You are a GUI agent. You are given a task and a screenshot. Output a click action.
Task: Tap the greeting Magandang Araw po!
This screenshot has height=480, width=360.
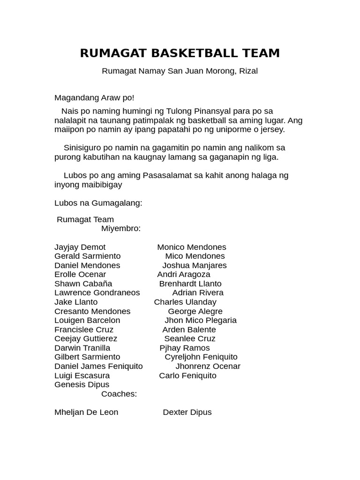(94, 98)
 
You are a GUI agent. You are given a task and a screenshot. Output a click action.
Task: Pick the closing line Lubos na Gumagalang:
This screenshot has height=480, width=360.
(98, 203)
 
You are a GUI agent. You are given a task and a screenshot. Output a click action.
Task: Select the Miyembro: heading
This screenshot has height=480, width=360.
(120, 229)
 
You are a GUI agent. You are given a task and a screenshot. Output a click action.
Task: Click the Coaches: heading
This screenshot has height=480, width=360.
(119, 394)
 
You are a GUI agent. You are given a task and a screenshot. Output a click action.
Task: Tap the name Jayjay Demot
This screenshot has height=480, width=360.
(80, 247)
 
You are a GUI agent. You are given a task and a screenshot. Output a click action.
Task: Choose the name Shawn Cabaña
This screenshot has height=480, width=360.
(83, 284)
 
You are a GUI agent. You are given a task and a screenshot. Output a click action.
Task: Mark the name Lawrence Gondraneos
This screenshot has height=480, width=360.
(97, 293)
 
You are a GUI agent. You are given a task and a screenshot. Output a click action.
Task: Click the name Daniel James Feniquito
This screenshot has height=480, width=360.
(98, 367)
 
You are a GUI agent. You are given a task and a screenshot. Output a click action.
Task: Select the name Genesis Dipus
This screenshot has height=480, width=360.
(82, 385)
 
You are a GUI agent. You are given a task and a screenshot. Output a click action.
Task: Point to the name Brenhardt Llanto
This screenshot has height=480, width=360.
(190, 284)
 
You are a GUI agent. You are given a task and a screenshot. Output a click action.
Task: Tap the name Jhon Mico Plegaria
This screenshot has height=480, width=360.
(201, 321)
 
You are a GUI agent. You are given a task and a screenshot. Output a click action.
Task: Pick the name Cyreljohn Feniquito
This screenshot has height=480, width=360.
(201, 357)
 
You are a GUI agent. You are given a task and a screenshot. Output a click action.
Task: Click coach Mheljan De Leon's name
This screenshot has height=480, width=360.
(86, 412)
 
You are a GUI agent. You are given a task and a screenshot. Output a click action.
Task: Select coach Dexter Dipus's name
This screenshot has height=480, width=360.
(187, 412)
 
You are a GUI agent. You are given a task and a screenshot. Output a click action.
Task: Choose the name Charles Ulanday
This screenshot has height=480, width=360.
(185, 302)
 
